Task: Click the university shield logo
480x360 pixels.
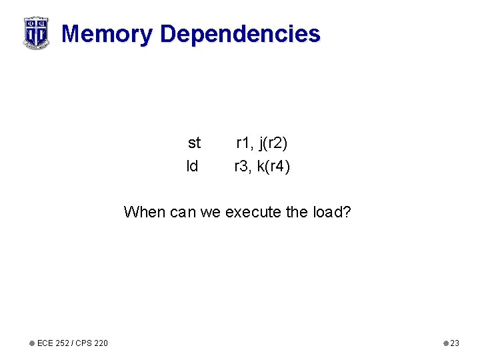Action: coord(36,33)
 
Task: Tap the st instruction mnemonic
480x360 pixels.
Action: coord(194,143)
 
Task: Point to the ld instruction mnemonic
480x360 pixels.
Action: coord(192,167)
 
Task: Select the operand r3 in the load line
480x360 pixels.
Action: coord(242,167)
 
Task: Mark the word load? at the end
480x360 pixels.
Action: coord(332,213)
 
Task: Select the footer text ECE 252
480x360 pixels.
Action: coord(53,343)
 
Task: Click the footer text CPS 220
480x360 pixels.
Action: coord(91,343)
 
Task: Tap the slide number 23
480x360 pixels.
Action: coord(455,343)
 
